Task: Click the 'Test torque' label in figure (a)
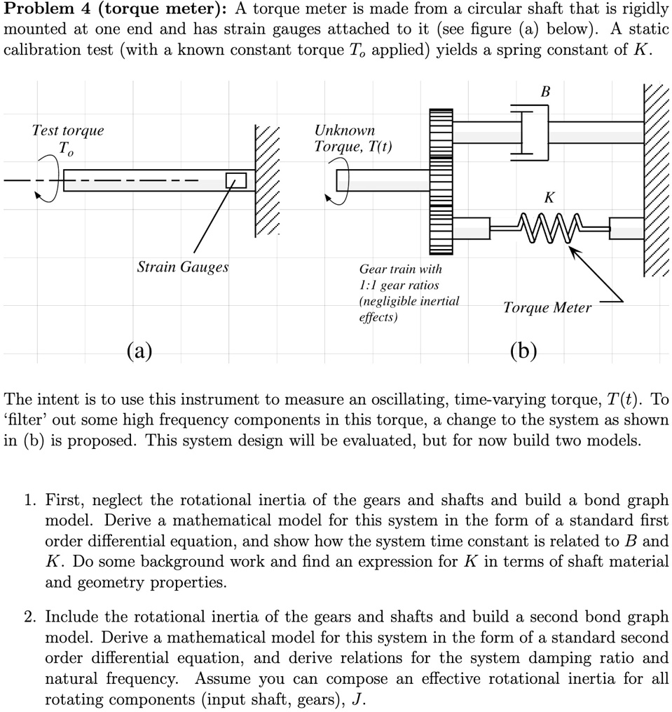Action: coord(68,130)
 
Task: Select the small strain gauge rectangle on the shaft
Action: coord(236,180)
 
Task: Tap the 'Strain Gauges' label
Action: coord(183,267)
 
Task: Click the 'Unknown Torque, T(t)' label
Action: coord(352,139)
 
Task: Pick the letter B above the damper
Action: coord(546,92)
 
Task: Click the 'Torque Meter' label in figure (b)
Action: coord(547,307)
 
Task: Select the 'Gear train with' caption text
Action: coord(400,269)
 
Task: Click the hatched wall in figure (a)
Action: coord(268,181)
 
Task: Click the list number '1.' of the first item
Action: coord(29,501)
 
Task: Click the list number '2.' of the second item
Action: coord(29,617)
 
